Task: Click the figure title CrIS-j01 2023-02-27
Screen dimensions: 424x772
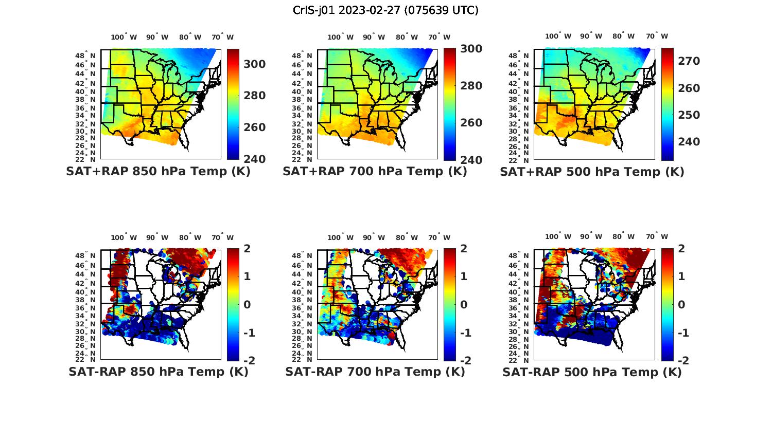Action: tap(385, 10)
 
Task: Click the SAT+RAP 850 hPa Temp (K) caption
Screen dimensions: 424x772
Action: tap(158, 172)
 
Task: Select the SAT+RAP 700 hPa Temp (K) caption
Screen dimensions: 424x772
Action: tap(375, 172)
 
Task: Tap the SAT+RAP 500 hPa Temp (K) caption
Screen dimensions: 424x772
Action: tap(592, 172)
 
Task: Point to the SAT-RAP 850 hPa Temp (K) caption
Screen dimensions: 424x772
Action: tap(158, 372)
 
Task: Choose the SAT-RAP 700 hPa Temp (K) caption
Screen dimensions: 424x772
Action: tap(375, 372)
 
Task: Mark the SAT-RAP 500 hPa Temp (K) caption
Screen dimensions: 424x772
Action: tap(592, 372)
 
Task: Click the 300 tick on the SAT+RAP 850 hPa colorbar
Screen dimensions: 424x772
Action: tap(255, 64)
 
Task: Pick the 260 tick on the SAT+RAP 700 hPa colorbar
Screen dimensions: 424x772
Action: tap(471, 123)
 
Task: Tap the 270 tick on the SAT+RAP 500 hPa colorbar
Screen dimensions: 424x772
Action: tap(689, 61)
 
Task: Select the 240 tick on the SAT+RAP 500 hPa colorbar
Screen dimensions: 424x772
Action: tap(689, 141)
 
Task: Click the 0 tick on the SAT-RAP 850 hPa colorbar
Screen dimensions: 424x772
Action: tap(247, 304)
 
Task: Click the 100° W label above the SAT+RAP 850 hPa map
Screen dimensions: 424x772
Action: tap(124, 37)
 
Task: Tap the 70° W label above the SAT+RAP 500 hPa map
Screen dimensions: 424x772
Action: tap(657, 36)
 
